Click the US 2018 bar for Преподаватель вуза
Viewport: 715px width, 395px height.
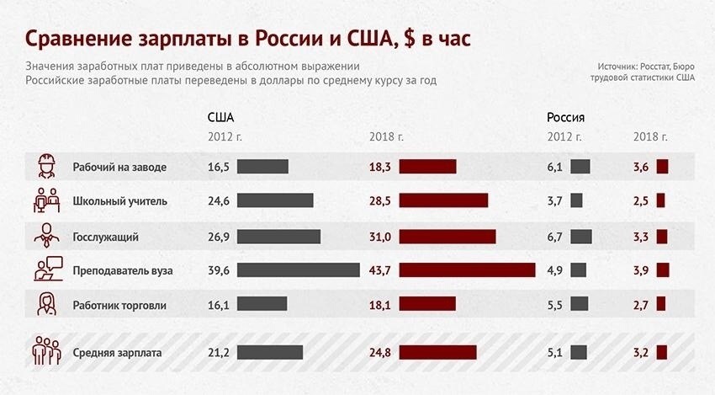click(467, 270)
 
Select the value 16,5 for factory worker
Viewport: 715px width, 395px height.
click(218, 167)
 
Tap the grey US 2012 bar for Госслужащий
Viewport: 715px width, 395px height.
click(278, 237)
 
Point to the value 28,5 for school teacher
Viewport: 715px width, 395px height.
click(380, 201)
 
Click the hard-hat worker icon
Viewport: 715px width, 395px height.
click(45, 166)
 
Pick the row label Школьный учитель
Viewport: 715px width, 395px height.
click(120, 201)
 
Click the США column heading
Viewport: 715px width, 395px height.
click(220, 117)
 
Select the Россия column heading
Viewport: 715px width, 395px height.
click(565, 117)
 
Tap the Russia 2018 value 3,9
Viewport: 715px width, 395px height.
click(641, 270)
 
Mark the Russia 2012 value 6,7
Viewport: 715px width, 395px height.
click(554, 237)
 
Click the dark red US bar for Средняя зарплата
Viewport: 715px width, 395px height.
click(437, 353)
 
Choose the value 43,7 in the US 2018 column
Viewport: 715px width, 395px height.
click(380, 270)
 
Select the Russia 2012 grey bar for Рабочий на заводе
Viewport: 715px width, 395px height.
click(580, 167)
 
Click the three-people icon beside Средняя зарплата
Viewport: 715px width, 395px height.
click(45, 351)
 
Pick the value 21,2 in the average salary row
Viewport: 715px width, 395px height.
click(218, 353)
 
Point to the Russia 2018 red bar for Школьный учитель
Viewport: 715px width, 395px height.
click(660, 201)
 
